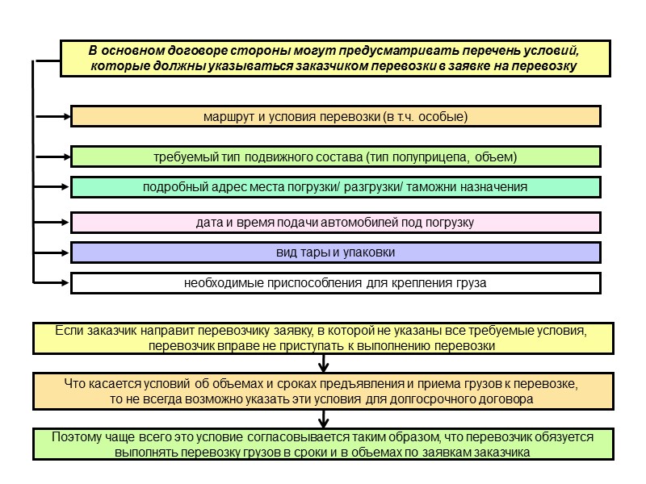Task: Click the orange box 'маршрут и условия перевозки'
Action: (x=335, y=117)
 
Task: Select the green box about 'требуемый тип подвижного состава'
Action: (x=335, y=156)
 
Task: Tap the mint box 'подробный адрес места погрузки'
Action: (x=335, y=187)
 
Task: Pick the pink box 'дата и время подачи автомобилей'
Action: (x=335, y=222)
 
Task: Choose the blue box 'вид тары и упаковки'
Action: (x=335, y=252)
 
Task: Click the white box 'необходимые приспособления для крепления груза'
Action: (x=335, y=283)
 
